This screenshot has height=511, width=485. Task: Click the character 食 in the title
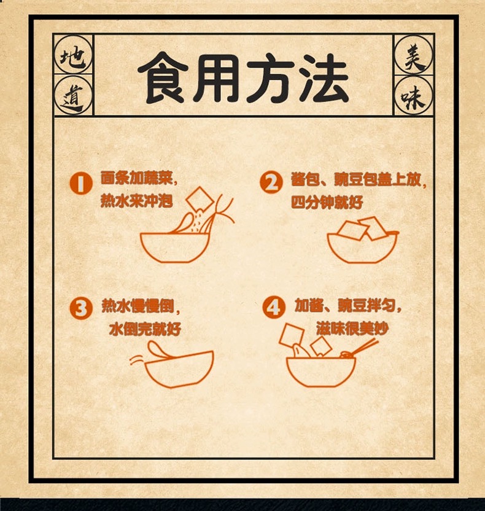point(163,78)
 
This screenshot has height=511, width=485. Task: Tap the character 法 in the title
point(324,78)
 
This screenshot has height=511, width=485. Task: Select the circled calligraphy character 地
point(74,55)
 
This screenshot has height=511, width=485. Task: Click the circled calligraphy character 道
point(74,95)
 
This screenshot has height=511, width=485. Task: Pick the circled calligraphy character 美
point(413,55)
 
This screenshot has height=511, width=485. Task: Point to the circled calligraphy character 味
point(413,95)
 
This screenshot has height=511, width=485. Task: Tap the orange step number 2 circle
point(271,182)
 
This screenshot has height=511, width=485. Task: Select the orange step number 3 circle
point(81,308)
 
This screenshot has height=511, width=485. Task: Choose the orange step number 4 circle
point(274,307)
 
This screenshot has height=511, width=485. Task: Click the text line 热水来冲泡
point(136,201)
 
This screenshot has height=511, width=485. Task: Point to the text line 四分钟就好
point(327,203)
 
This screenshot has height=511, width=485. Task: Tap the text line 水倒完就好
point(145,329)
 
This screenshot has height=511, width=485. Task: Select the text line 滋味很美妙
point(352,328)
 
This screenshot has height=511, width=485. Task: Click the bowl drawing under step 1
point(175,248)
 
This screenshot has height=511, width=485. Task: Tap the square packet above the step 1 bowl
point(200,199)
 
